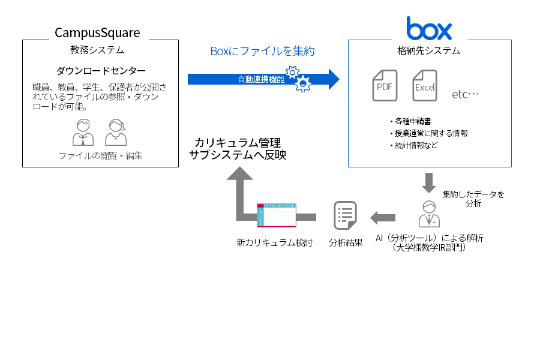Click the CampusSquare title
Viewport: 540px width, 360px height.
[x=97, y=32]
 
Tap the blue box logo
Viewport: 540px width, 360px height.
[x=429, y=28]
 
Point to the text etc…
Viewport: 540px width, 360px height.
[x=466, y=95]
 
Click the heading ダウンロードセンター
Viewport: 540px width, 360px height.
[x=101, y=71]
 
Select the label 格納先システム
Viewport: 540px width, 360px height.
[x=429, y=50]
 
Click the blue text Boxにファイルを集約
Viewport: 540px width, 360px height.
[x=262, y=52]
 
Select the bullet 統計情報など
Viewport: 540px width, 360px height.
[x=415, y=145]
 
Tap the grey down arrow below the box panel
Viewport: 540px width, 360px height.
[x=429, y=181]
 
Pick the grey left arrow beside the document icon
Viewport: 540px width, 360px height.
[x=383, y=216]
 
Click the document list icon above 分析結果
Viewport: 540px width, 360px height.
[x=345, y=216]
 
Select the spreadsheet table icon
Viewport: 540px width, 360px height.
[x=276, y=215]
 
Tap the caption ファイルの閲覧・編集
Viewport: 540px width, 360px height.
[x=101, y=156]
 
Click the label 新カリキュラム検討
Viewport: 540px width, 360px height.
[x=274, y=244]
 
